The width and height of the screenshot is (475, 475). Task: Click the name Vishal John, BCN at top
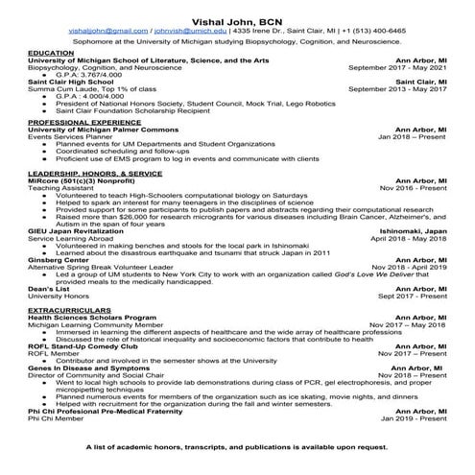(x=237, y=18)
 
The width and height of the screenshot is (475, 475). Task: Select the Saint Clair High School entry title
(x=73, y=82)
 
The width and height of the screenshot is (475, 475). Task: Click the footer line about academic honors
(x=237, y=447)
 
